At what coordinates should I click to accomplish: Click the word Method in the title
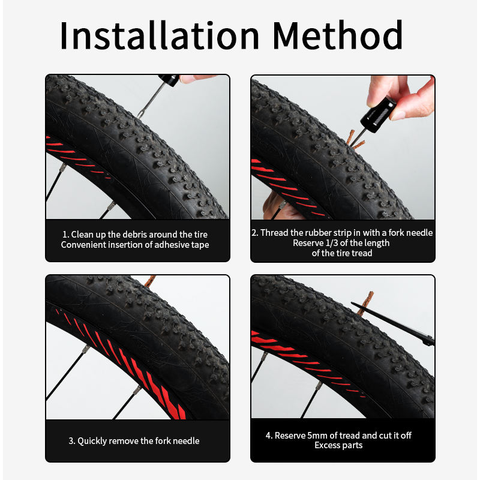tap(337, 35)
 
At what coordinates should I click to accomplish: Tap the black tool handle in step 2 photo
tap(378, 114)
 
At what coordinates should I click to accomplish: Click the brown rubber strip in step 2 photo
tap(355, 140)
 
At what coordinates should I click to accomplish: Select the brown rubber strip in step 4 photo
tap(365, 303)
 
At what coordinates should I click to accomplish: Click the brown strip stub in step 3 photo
tap(149, 281)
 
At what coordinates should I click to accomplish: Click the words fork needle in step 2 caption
tap(410, 233)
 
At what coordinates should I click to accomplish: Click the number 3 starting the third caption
tap(71, 441)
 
